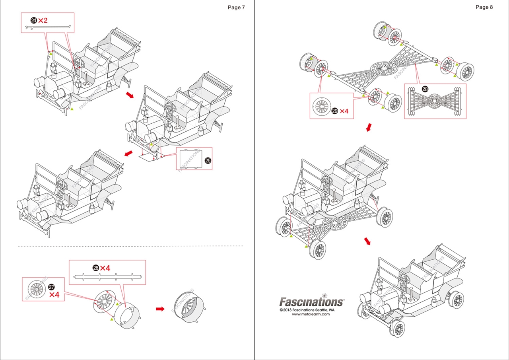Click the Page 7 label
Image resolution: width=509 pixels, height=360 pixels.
236,7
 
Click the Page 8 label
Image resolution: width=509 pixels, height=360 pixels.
484,7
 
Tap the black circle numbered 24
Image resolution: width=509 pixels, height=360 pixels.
33,20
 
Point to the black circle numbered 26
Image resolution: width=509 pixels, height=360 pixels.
96,268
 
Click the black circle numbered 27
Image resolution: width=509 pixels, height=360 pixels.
51,287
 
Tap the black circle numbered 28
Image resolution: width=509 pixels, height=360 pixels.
425,89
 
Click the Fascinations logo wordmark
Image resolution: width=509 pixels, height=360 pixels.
311,302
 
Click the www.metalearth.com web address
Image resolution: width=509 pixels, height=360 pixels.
311,314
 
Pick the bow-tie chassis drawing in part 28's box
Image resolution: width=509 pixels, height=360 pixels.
435,102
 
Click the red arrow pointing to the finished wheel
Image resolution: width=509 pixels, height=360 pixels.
160,309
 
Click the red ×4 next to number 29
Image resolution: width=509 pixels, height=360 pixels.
344,111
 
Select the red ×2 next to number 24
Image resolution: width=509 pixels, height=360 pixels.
43,20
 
